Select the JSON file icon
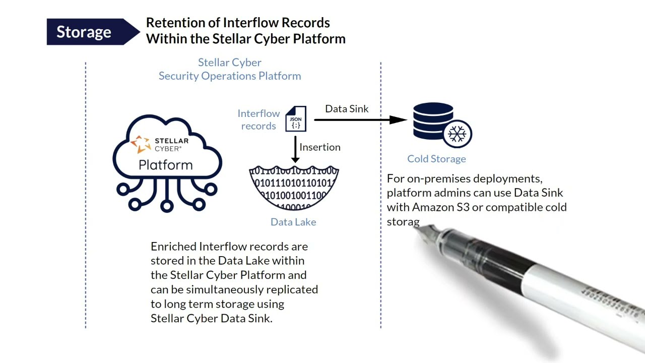pos(296,119)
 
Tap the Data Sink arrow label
pos(347,109)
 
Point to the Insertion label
pos(320,147)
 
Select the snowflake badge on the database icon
pos(458,134)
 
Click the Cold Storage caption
pos(436,159)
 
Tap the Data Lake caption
pos(293,222)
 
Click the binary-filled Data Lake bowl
pos(294,187)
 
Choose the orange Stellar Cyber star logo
pos(141,144)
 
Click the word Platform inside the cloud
pos(165,165)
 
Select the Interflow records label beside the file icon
pos(259,120)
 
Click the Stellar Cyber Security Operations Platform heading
pos(230,69)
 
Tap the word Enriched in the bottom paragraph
pos(173,247)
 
